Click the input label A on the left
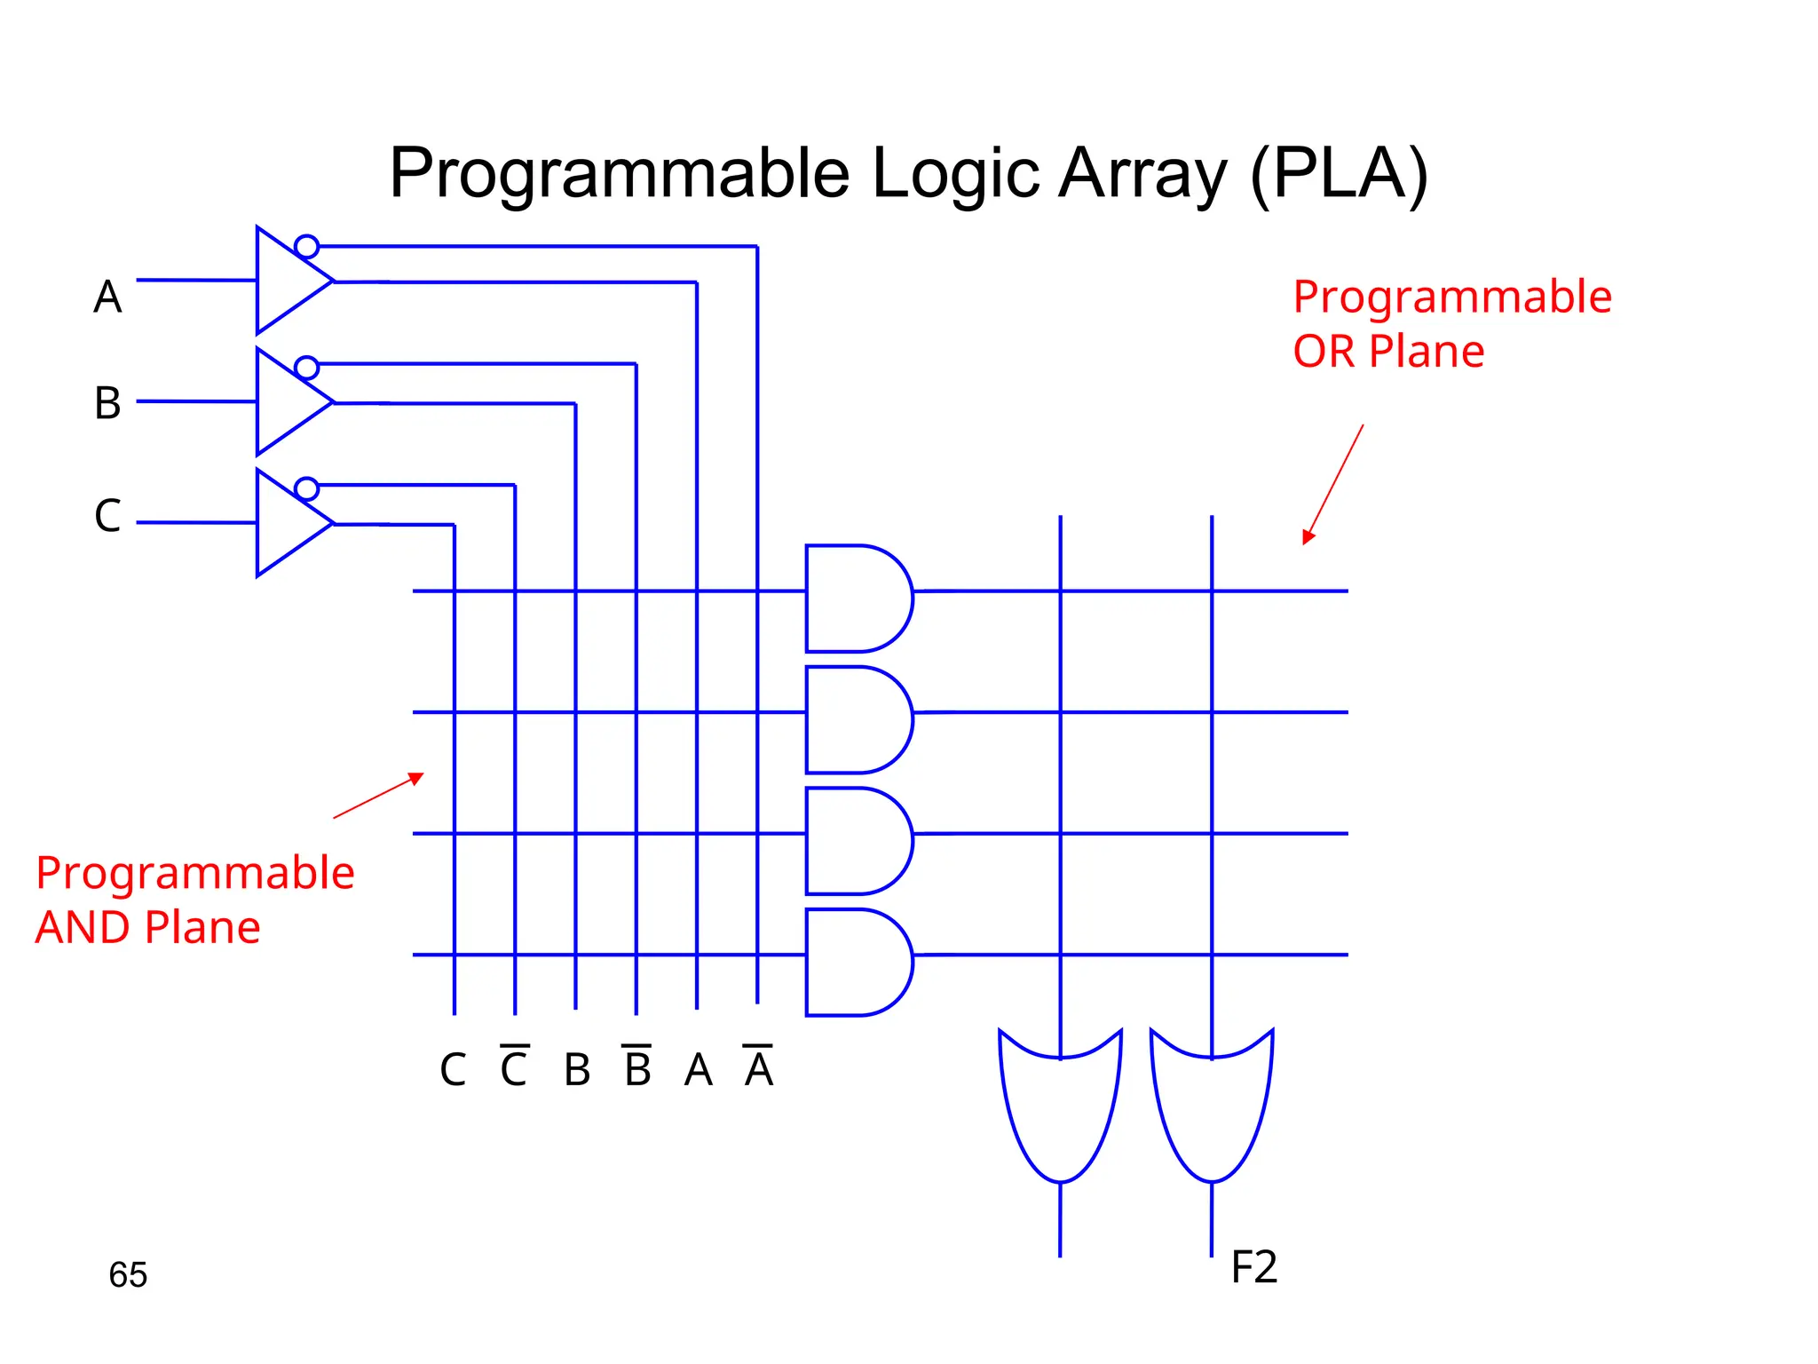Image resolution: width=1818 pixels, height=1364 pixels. [x=107, y=297]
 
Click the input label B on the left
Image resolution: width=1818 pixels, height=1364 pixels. [x=107, y=403]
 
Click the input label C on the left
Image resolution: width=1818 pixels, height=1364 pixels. [x=107, y=515]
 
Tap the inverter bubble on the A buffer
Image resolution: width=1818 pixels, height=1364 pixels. [x=306, y=246]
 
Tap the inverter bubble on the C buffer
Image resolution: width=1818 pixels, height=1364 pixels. [x=306, y=488]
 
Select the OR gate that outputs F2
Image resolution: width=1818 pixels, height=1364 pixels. [x=1212, y=1106]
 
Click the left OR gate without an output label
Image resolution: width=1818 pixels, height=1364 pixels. [x=1060, y=1106]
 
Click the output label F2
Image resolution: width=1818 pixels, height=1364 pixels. [x=1253, y=1267]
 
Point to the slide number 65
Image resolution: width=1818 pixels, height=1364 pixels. [x=128, y=1274]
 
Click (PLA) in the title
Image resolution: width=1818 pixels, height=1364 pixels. [x=1339, y=173]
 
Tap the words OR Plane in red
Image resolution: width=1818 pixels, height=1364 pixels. [x=1387, y=352]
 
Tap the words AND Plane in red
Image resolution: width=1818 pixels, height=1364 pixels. [x=147, y=927]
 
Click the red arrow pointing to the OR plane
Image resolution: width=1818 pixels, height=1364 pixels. [x=1333, y=484]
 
